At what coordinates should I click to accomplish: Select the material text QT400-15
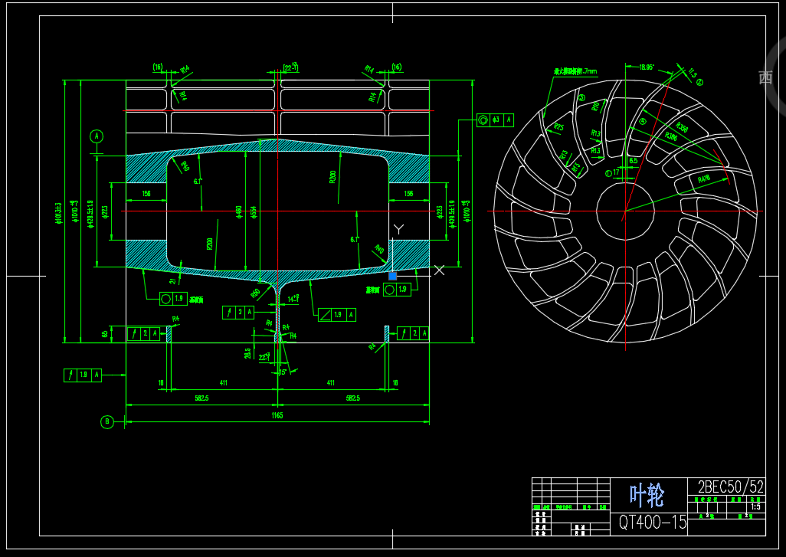tap(653, 523)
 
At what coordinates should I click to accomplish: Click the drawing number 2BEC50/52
tap(730, 487)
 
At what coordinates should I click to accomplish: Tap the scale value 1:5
tap(755, 506)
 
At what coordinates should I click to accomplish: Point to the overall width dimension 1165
tap(277, 415)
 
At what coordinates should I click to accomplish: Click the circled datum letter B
tap(107, 421)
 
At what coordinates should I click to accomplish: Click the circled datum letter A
tap(97, 136)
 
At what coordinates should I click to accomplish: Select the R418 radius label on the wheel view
tap(704, 179)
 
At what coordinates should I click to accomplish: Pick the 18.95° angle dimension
tap(646, 67)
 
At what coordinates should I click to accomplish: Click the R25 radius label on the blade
tap(558, 127)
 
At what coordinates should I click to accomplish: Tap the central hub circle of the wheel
tap(624, 210)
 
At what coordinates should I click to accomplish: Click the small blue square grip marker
tap(393, 276)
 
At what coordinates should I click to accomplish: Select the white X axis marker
tap(440, 270)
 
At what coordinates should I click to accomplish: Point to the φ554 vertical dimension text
tap(253, 211)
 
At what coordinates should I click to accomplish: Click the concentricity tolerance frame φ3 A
tap(495, 120)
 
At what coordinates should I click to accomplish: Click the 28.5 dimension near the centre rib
tap(247, 353)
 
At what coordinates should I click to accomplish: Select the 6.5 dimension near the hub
tap(634, 162)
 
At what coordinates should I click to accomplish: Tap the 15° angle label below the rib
tap(282, 372)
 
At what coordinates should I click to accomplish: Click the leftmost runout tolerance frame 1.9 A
tap(82, 375)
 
